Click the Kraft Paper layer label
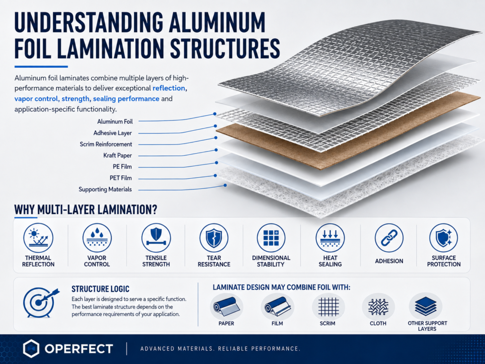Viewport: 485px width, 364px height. [117, 155]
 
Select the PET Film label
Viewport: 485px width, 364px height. [121, 178]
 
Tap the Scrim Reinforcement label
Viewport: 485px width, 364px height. [106, 144]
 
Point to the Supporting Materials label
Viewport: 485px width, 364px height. [105, 190]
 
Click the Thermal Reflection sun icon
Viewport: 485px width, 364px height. [38, 238]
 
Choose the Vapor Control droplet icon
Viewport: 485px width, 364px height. [97, 238]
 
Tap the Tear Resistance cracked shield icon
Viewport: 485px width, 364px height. [214, 238]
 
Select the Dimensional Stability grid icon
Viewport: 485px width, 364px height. [271, 238]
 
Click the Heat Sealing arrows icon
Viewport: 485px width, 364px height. [330, 238]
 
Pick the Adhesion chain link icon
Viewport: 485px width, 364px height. [389, 238]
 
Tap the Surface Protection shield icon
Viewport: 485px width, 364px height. [444, 238]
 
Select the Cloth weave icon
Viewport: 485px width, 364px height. [378, 307]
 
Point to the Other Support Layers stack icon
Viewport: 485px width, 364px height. [426, 306]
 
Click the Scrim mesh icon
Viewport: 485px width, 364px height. [329, 307]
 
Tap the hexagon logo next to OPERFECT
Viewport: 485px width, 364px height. [31, 348]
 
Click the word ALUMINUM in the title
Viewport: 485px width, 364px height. [217, 22]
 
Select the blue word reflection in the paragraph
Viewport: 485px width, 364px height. [169, 88]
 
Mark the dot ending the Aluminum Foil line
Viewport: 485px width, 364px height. [215, 114]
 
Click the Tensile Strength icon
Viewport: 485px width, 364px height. [156, 238]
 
